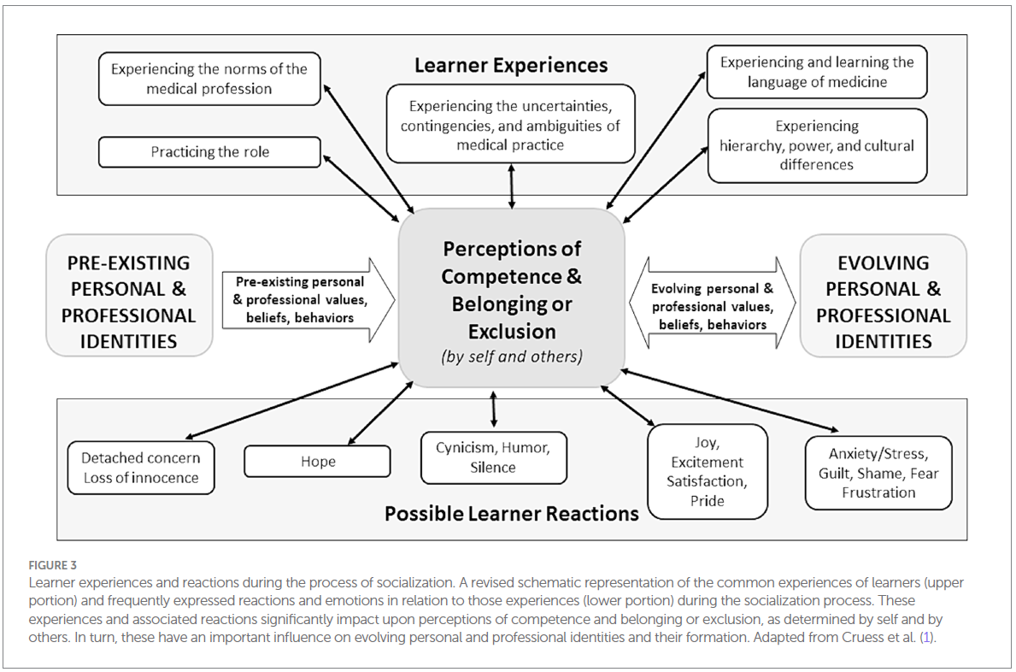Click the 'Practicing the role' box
209,153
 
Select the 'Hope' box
317,462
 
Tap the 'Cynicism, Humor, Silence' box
493,457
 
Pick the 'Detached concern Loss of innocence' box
141,468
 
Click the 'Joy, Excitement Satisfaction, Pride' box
707,471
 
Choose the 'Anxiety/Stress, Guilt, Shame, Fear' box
878,473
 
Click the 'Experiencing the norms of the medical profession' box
209,79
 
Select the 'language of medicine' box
816,73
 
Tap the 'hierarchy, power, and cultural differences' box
816,145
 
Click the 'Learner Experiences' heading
511,65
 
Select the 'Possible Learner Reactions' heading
511,514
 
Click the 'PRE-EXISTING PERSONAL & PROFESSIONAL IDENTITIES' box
129,302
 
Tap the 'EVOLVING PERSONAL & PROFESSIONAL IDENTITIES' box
883,302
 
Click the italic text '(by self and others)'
511,357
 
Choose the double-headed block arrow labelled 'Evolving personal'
712,306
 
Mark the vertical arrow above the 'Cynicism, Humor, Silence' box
494,410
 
